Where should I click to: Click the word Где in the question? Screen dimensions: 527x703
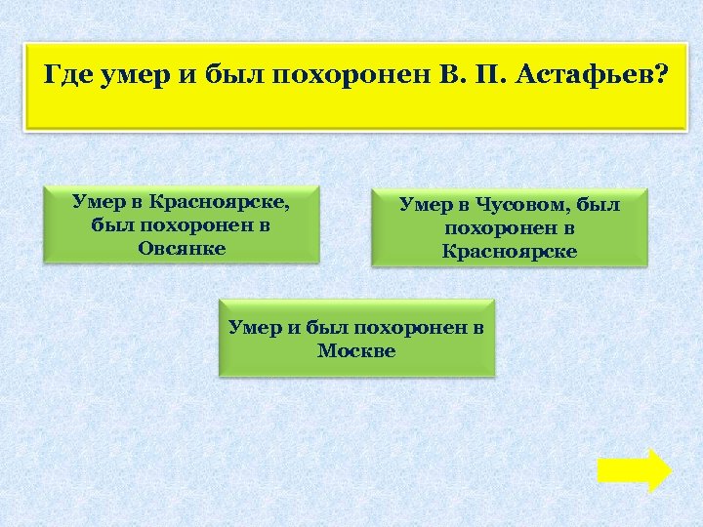click(70, 75)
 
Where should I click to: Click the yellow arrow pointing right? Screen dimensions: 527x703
click(634, 470)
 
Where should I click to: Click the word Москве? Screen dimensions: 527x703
click(356, 350)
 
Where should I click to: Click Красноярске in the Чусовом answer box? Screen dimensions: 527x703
click(510, 251)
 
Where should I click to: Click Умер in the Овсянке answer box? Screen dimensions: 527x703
click(98, 201)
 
